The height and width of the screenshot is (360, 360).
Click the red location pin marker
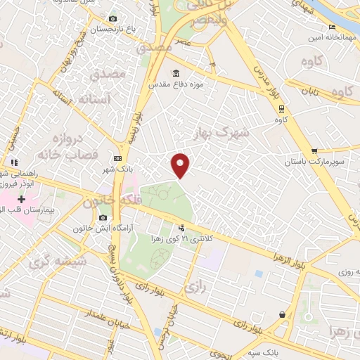[x=181, y=165]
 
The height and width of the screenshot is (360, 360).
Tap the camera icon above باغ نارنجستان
[x=112, y=18]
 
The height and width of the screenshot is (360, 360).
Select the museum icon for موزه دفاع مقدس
[x=175, y=73]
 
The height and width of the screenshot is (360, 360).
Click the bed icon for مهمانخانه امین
[x=332, y=27]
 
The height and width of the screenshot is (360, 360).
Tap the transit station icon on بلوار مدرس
[x=281, y=108]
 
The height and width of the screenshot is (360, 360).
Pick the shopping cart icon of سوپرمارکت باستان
[x=314, y=150]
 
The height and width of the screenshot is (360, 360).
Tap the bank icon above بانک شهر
[x=117, y=158]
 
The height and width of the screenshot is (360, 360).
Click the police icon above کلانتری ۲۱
[x=181, y=227]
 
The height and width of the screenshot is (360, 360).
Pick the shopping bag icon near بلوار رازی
[x=282, y=314]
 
